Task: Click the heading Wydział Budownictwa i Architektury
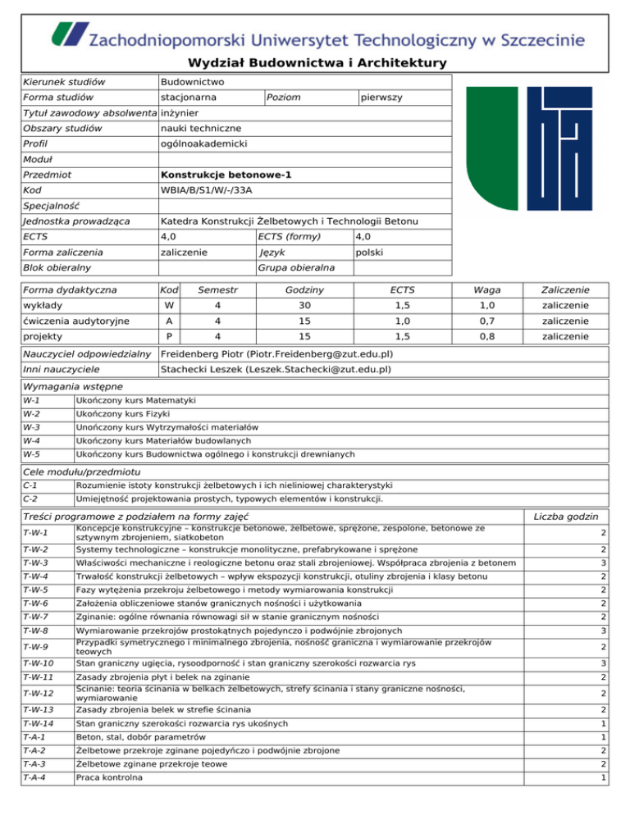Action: pyautogui.click(x=316, y=63)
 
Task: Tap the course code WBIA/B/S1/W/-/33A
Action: pyautogui.click(x=207, y=191)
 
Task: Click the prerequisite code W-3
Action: pyautogui.click(x=32, y=427)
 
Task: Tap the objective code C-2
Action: pyautogui.click(x=32, y=498)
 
